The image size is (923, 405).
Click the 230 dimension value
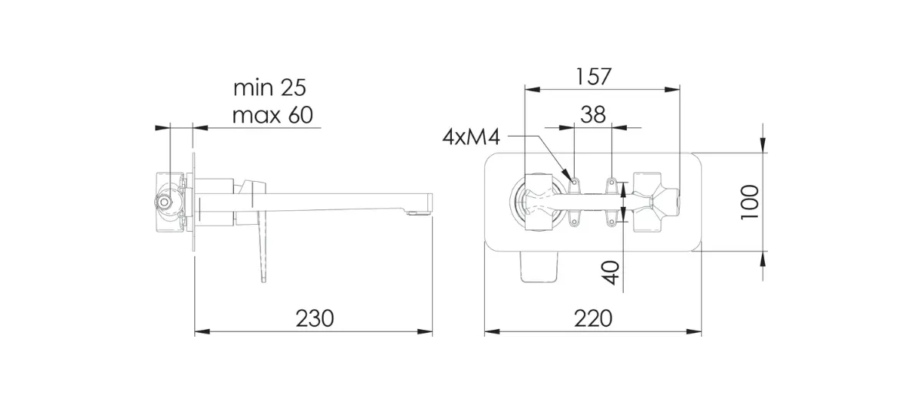[315, 318]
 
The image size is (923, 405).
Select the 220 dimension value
[593, 318]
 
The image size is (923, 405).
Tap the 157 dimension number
[593, 77]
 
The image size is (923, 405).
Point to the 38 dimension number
[593, 114]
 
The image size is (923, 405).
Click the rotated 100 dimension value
[750, 202]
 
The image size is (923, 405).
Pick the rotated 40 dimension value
[611, 272]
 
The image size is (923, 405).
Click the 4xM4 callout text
[471, 137]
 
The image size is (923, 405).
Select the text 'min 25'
[269, 87]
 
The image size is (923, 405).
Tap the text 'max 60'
[272, 115]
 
